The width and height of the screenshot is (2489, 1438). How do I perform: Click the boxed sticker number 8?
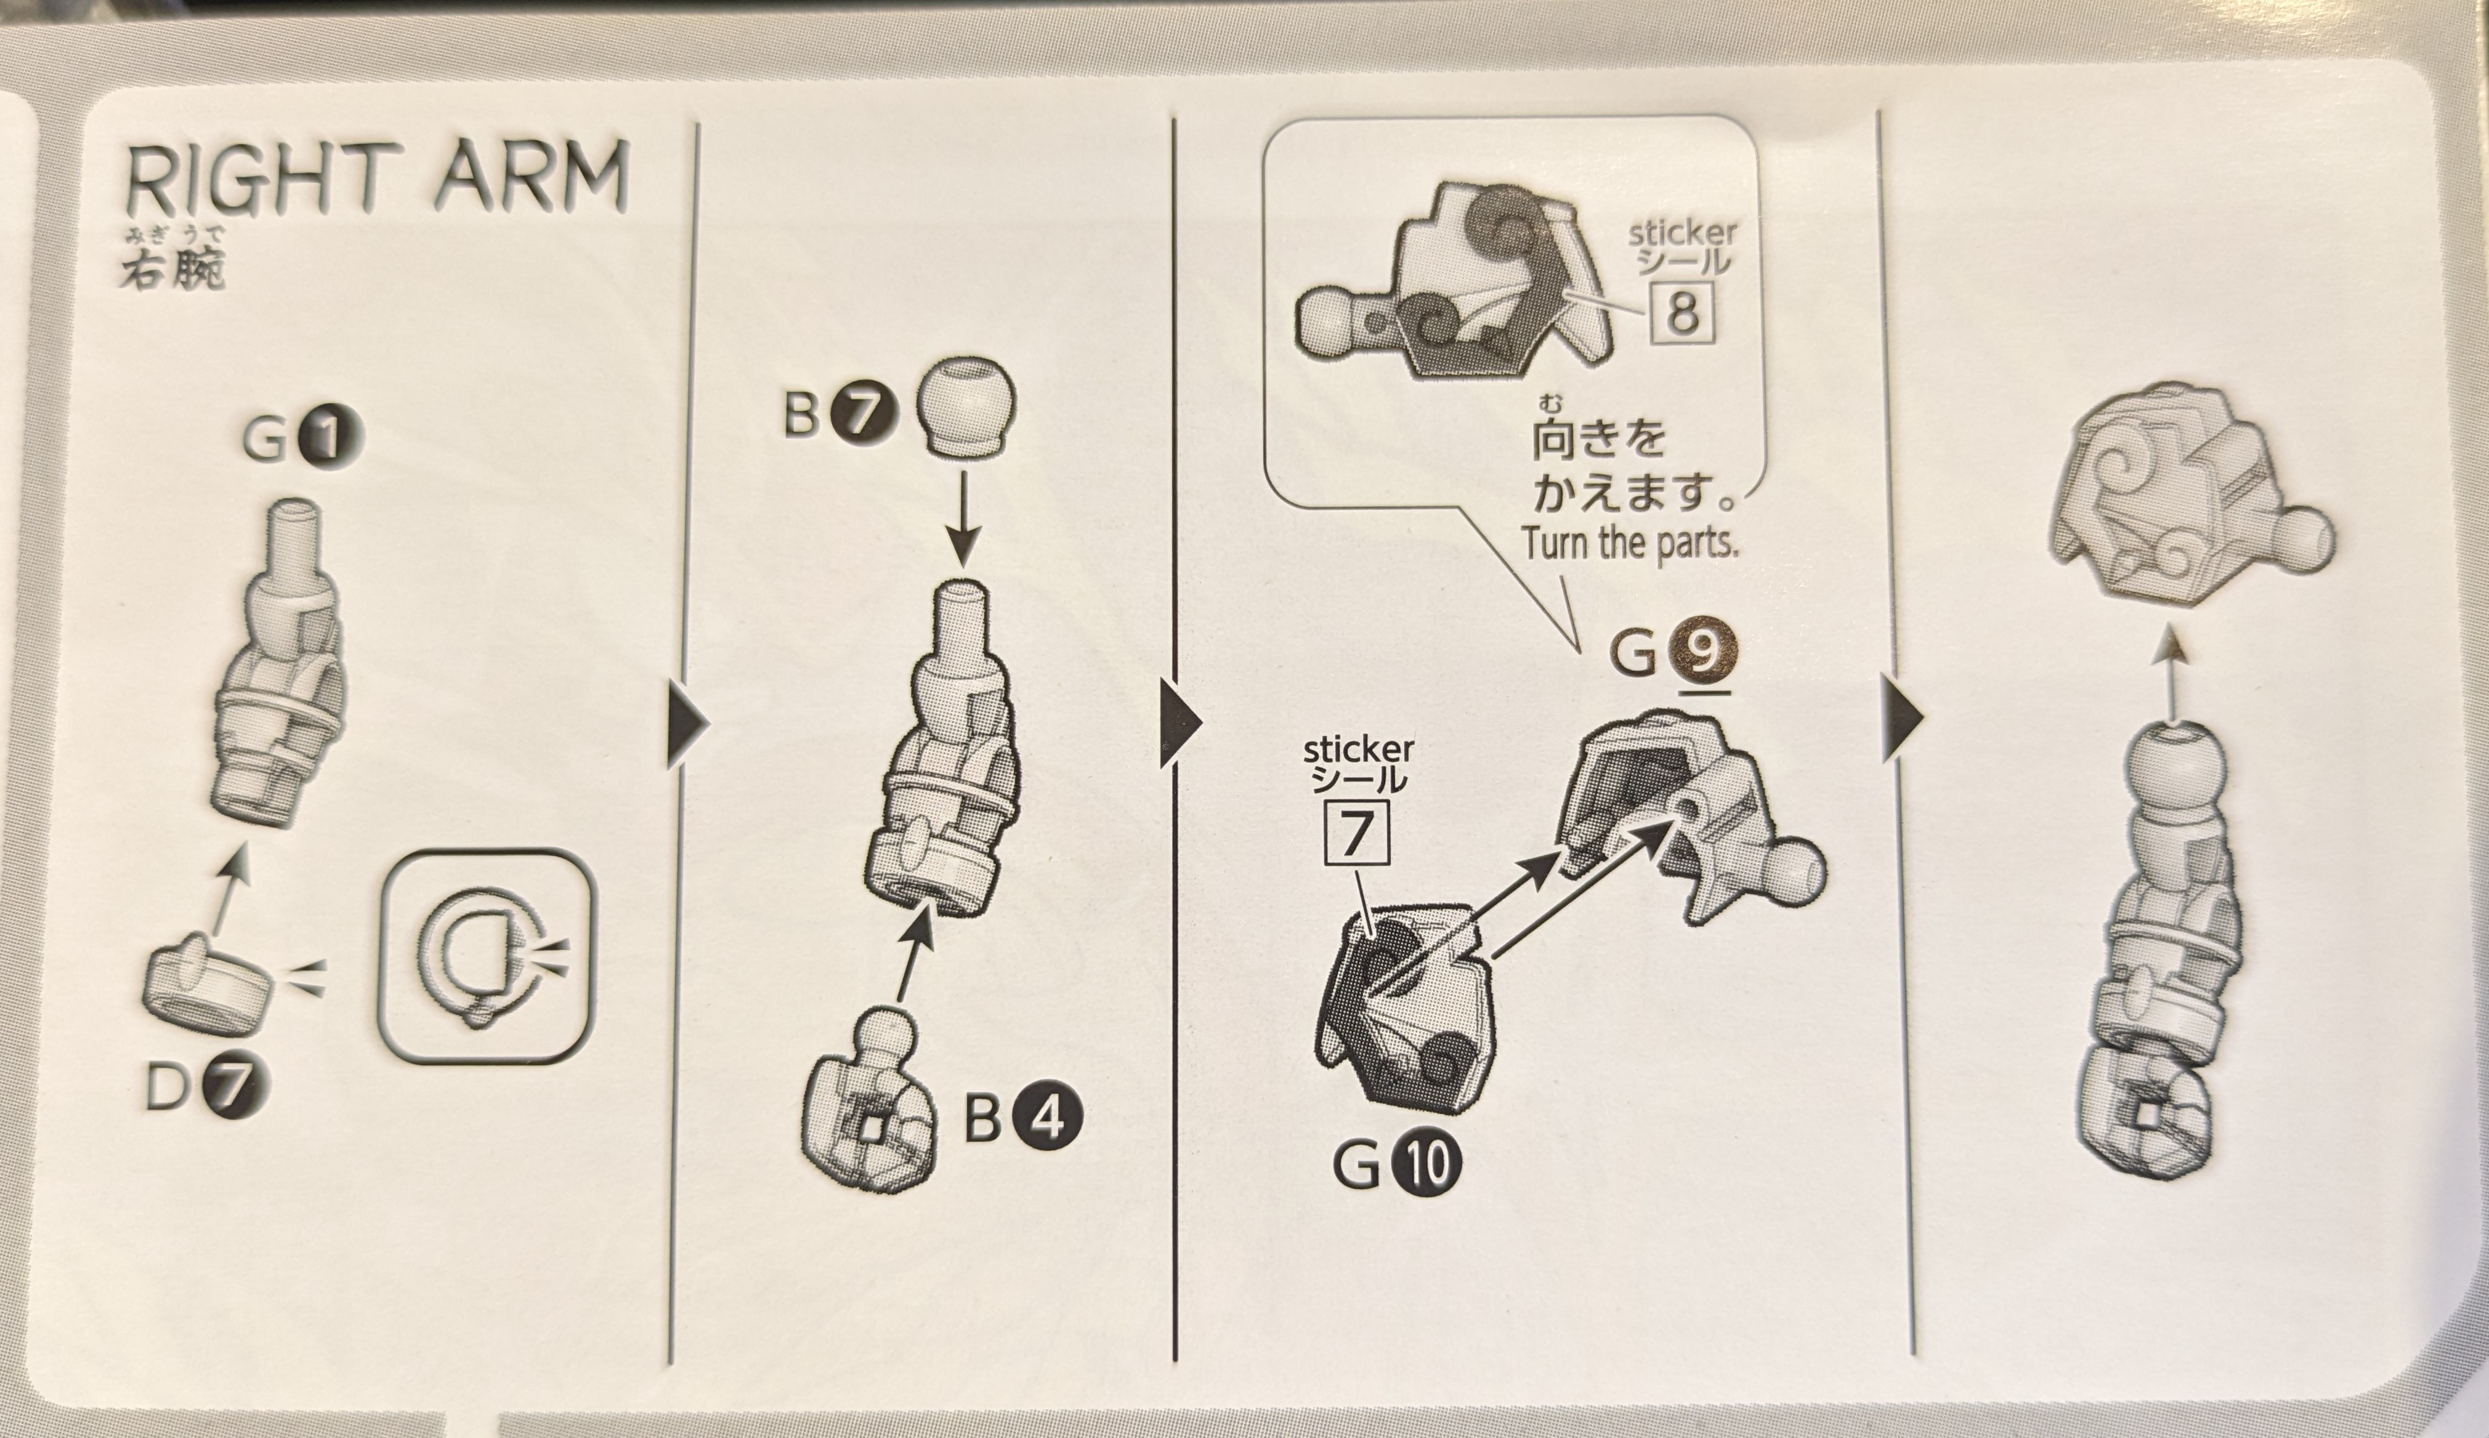click(x=1682, y=313)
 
